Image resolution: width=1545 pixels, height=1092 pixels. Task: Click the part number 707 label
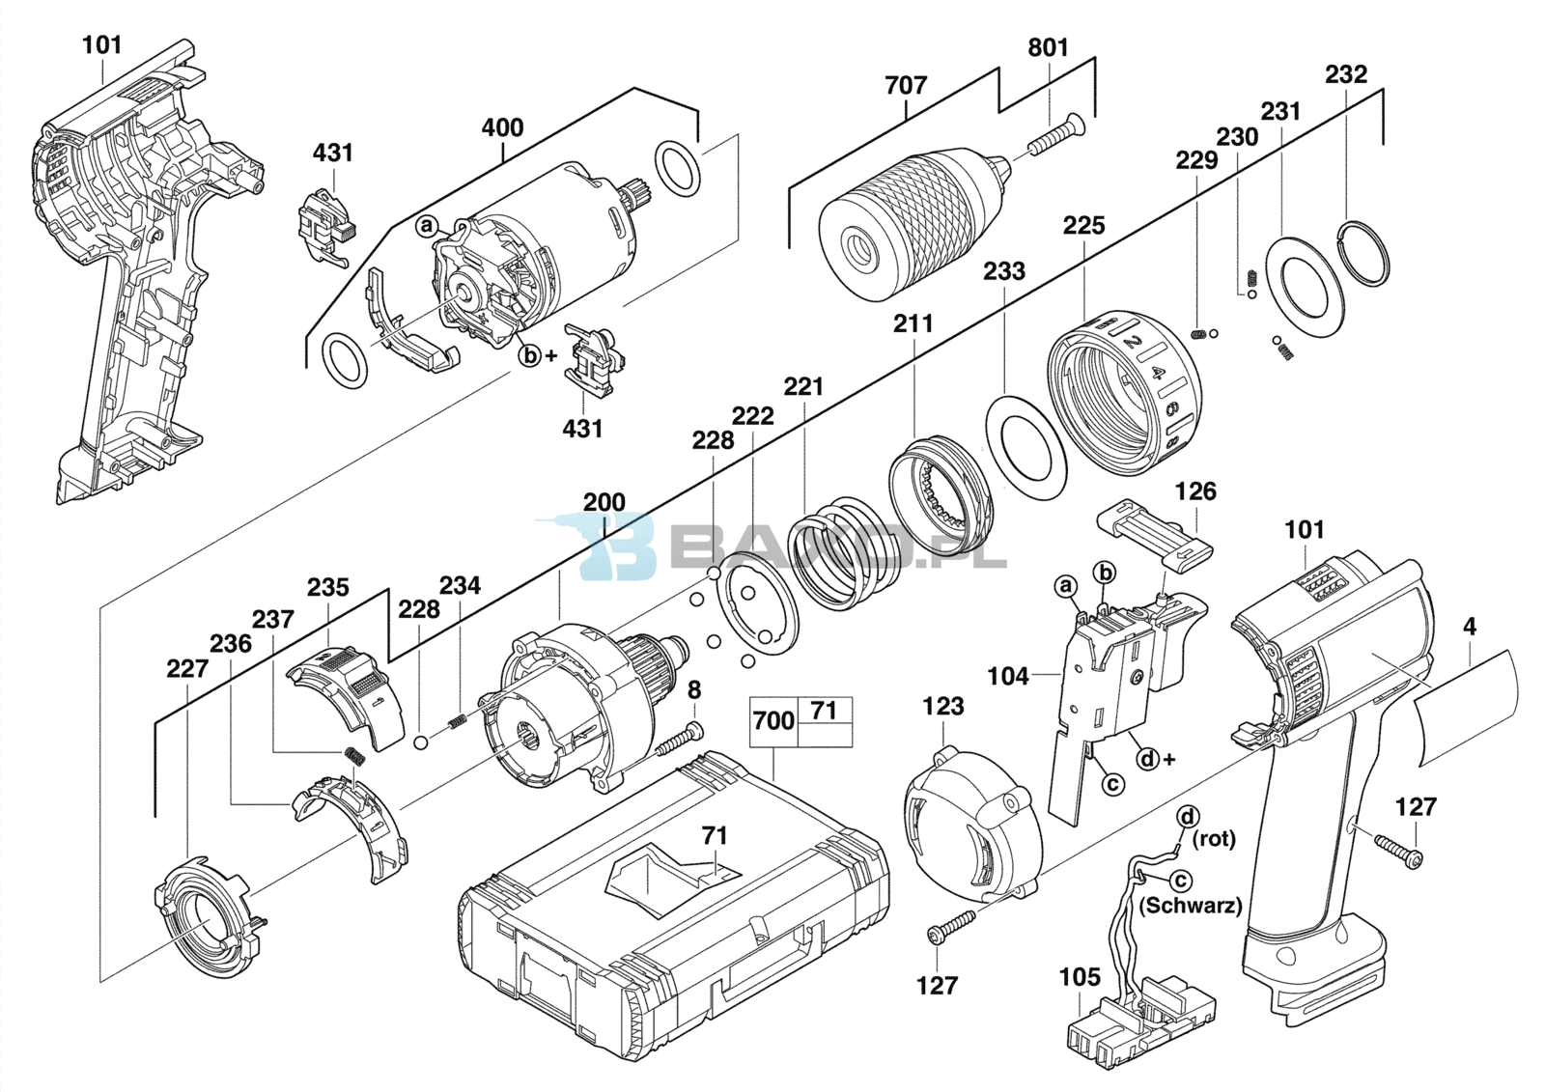pyautogui.click(x=906, y=86)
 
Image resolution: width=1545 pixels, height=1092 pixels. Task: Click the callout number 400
pyautogui.click(x=502, y=127)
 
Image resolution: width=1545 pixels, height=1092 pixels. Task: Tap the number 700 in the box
pyautogui.click(x=773, y=721)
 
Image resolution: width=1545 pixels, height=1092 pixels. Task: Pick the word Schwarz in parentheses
pyautogui.click(x=1190, y=906)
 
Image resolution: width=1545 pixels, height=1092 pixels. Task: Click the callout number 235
pyautogui.click(x=327, y=588)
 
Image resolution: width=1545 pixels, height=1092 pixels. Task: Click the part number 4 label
pyautogui.click(x=1470, y=627)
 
